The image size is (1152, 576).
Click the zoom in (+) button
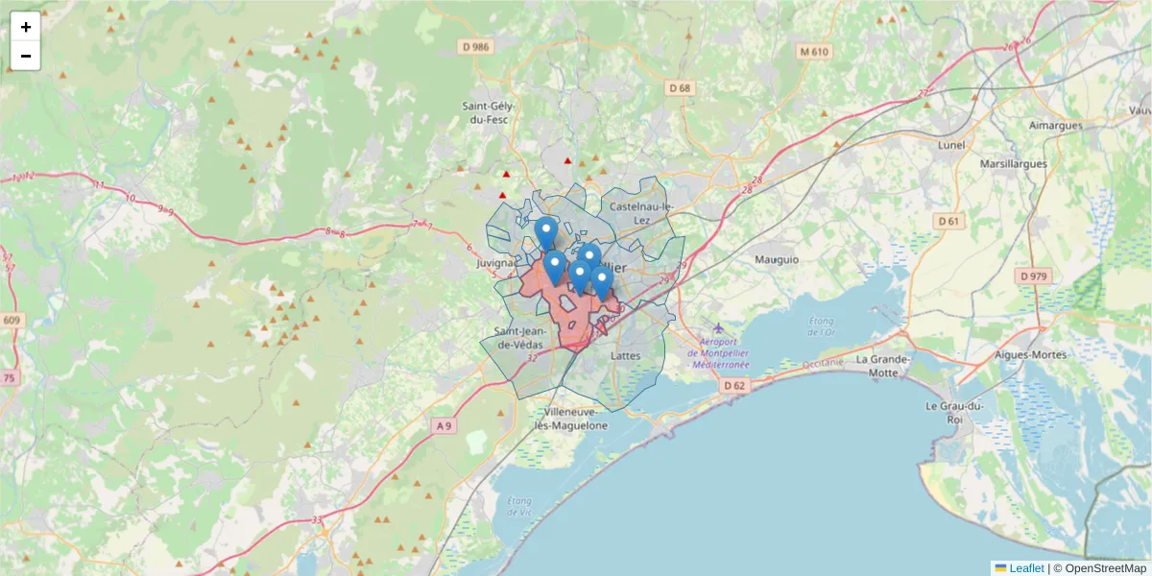coord(26,27)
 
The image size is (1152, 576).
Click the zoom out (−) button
coord(26,56)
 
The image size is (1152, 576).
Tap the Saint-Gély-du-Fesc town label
coord(489,113)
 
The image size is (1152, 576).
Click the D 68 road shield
coord(679,88)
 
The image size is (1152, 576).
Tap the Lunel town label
coord(950,145)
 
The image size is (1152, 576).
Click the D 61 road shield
coord(948,222)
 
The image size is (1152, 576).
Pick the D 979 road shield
coord(1033,276)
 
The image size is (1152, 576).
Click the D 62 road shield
coord(734,385)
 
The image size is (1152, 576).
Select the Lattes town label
coord(625,355)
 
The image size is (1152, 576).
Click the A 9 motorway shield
coord(443,425)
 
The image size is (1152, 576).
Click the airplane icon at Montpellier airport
coord(719,329)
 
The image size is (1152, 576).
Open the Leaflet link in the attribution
coord(1025,568)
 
